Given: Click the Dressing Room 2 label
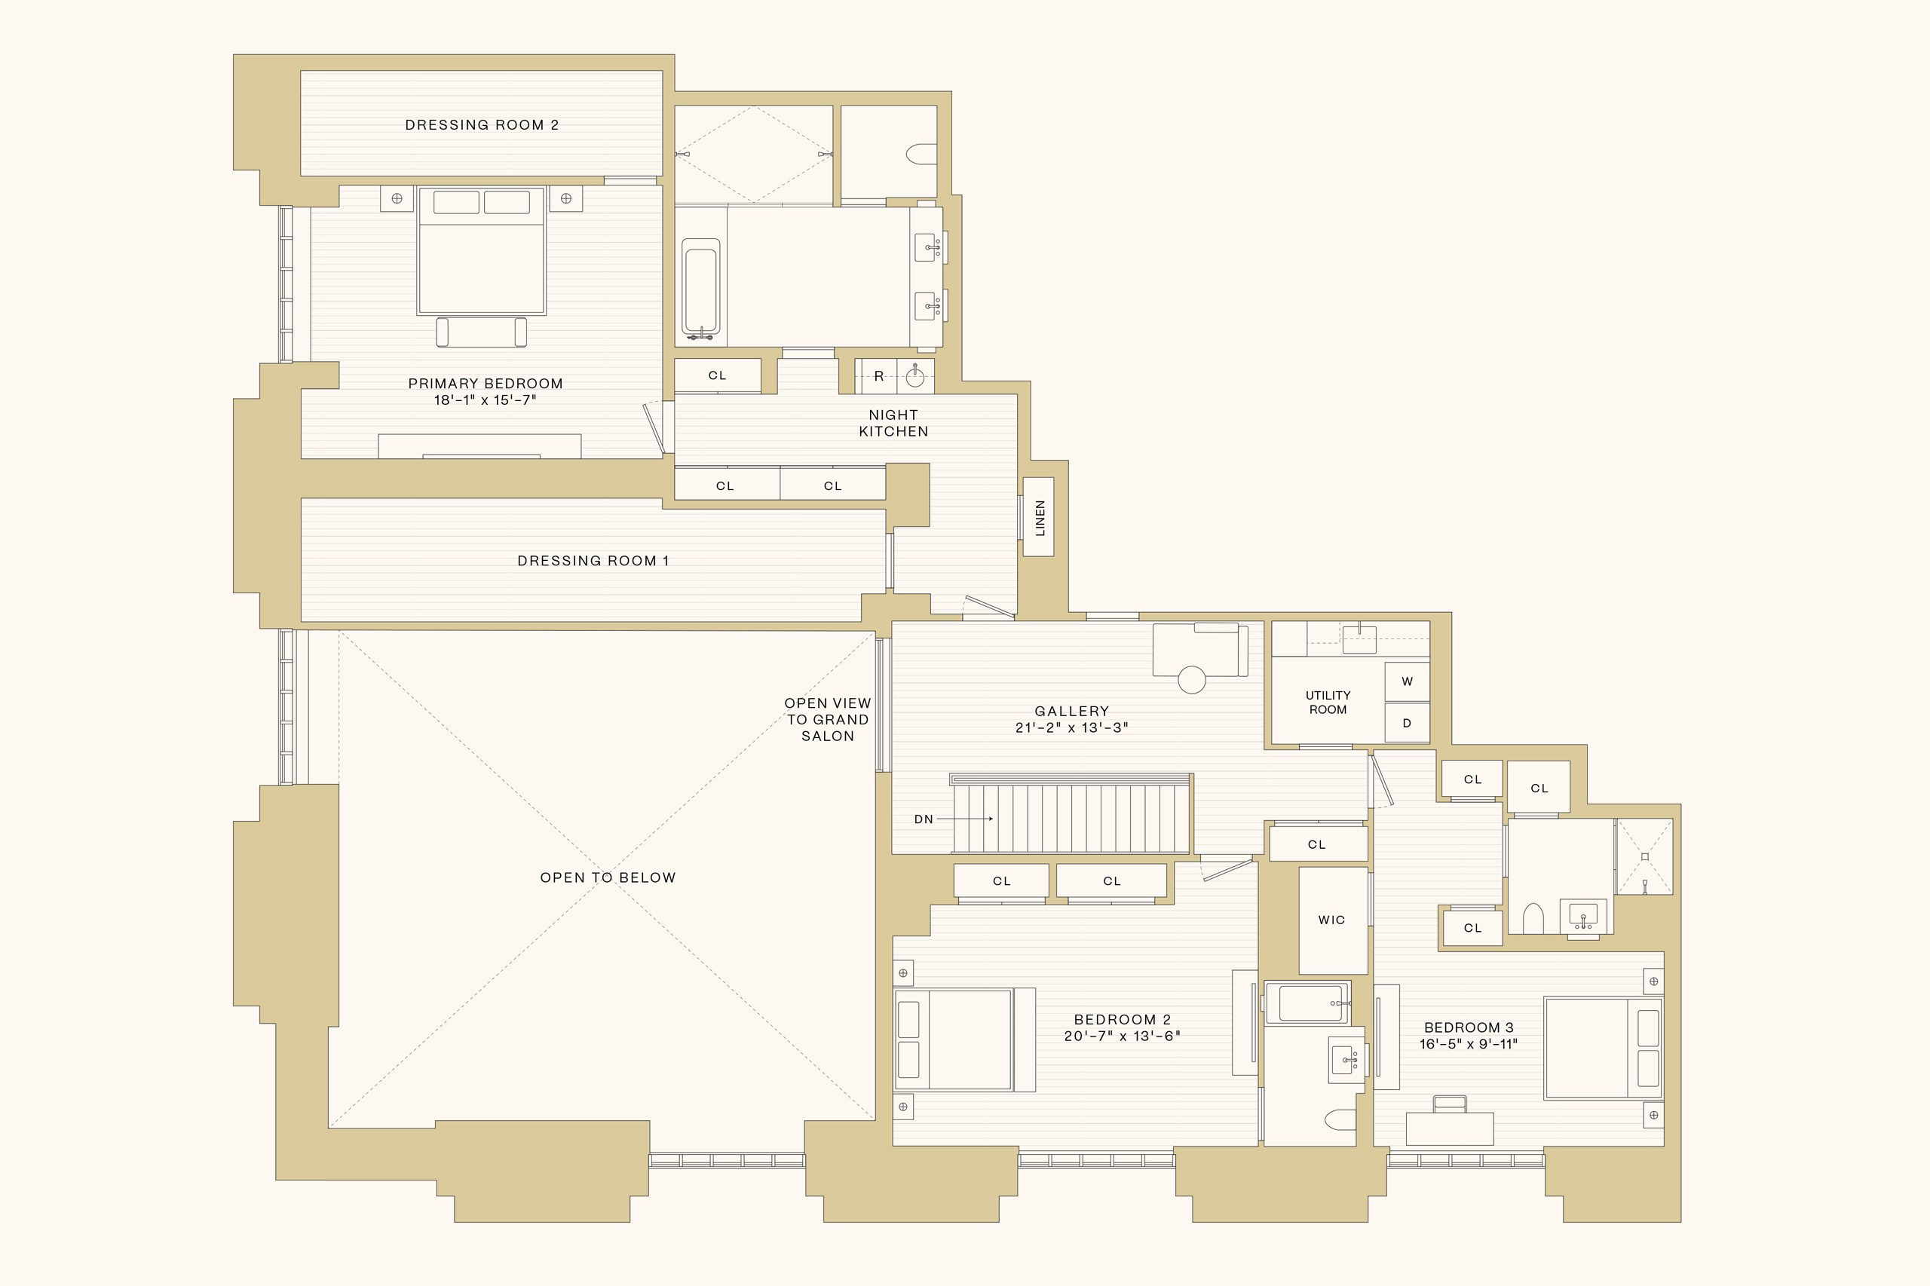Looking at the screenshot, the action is click(482, 124).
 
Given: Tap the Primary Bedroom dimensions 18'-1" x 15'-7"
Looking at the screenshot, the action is click(485, 400).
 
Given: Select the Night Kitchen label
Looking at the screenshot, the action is click(893, 423).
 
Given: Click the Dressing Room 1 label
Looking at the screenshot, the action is click(593, 561).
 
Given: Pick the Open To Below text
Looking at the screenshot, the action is click(608, 877).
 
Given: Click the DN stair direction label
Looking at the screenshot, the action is click(924, 819).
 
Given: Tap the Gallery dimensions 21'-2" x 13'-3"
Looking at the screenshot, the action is click(1072, 727).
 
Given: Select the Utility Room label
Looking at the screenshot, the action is click(1328, 702).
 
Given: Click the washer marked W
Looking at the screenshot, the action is click(1407, 681).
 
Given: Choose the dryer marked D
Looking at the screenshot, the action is click(1407, 724).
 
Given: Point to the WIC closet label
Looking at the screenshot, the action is click(1331, 920).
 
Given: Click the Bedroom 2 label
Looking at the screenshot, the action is click(1122, 1019).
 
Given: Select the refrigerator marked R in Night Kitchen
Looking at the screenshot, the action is click(879, 376).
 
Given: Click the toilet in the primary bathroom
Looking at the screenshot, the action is click(921, 155).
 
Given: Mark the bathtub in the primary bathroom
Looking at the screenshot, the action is click(701, 287).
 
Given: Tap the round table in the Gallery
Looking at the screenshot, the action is click(1192, 680).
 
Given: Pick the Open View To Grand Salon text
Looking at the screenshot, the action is click(828, 720).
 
